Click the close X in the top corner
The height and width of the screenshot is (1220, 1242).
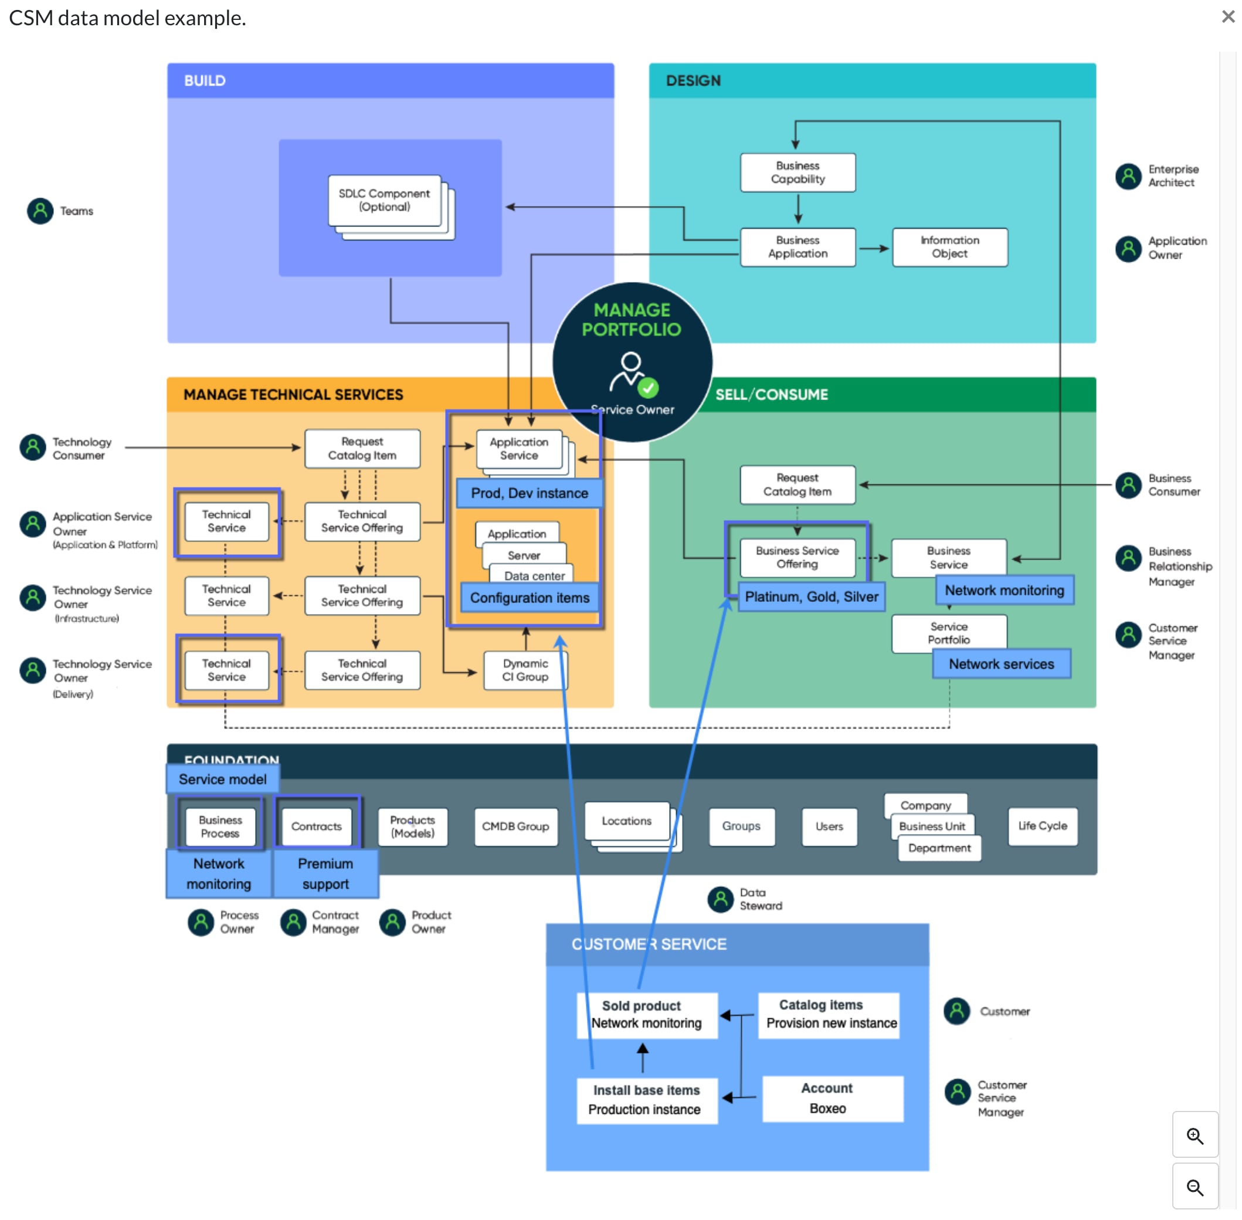point(1227,16)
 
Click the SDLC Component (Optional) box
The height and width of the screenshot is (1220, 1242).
point(384,201)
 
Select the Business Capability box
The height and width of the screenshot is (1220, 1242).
point(798,172)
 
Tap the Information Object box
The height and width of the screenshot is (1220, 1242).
point(949,248)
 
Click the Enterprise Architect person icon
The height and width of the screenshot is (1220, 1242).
point(1128,176)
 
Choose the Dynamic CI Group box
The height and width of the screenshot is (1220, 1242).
point(525,670)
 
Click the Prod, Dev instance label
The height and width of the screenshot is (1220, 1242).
point(529,493)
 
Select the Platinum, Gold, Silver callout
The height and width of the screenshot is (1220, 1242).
point(811,597)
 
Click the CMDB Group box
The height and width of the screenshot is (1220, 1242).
point(515,826)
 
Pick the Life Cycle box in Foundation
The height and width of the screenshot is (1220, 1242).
point(1042,826)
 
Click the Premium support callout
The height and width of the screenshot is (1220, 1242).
point(325,874)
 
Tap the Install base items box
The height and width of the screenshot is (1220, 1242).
point(646,1100)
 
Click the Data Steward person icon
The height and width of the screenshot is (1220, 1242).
point(720,900)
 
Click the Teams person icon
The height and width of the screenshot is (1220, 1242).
point(40,211)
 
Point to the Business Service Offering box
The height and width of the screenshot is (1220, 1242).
point(797,557)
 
